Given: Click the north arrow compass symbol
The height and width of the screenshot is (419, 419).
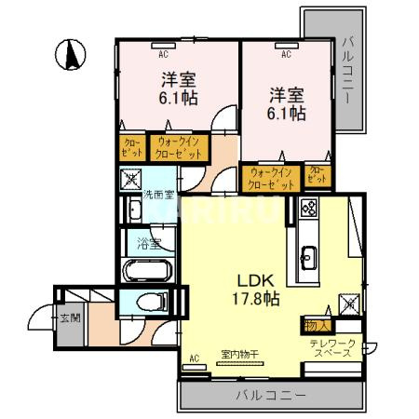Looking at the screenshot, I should [70, 54].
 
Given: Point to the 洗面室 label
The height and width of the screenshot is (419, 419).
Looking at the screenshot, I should [157, 195].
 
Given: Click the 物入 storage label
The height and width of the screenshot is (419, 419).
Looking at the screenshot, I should [314, 326].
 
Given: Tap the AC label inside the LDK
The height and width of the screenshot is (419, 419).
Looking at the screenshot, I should [195, 358].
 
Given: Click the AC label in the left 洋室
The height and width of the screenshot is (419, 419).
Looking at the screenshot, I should [164, 54].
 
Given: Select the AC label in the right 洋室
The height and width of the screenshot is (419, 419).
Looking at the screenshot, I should [285, 54].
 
